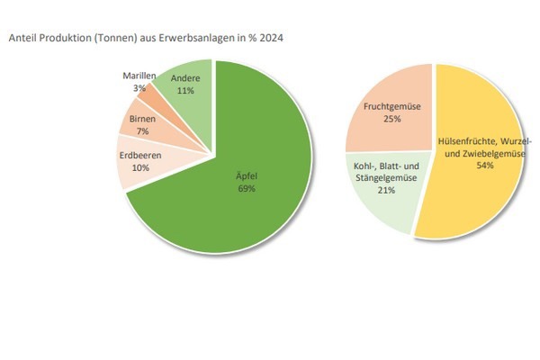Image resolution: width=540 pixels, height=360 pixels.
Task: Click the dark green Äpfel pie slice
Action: [243, 207]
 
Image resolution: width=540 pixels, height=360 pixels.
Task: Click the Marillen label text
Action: [139, 76]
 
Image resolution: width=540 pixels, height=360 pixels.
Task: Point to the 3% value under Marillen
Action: [139, 88]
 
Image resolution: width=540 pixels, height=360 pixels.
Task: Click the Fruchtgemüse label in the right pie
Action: [389, 106]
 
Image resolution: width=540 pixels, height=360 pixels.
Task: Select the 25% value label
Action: [388, 119]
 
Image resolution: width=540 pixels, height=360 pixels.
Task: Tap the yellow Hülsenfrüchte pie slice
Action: [486, 198]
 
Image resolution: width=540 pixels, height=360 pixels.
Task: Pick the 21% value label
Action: [387, 191]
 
